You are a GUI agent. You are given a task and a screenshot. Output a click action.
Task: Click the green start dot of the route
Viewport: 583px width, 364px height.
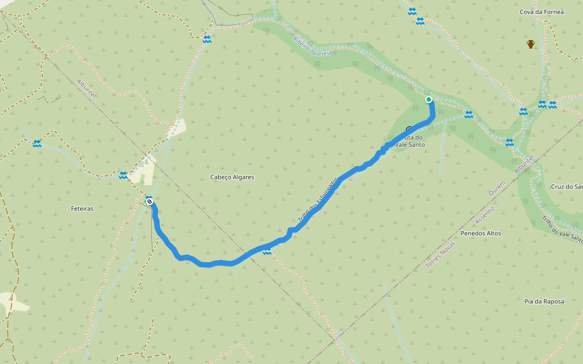click(x=429, y=99)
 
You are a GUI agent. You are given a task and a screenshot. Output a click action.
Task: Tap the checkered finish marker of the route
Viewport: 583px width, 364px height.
click(x=149, y=201)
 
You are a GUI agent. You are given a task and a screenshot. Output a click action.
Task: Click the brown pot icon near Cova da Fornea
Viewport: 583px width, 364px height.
click(x=531, y=44)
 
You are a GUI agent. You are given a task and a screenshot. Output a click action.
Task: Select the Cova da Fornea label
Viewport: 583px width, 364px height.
click(x=542, y=12)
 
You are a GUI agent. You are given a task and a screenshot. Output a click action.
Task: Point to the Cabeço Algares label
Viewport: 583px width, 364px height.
click(x=232, y=177)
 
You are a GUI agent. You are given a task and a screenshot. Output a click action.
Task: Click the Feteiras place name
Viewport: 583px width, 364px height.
click(x=82, y=208)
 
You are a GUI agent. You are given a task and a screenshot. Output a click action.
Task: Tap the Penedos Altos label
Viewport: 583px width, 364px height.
click(x=481, y=233)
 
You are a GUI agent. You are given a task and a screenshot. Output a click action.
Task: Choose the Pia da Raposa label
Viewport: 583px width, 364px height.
click(x=544, y=301)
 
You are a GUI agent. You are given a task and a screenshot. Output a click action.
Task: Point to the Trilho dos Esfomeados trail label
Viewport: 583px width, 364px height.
click(x=317, y=200)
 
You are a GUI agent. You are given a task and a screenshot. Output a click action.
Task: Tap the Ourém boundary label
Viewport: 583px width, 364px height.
click(x=497, y=187)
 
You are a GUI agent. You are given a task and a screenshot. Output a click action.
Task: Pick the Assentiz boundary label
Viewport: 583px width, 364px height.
click(x=486, y=217)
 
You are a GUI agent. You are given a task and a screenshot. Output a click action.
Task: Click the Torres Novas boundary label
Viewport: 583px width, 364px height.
click(x=442, y=252)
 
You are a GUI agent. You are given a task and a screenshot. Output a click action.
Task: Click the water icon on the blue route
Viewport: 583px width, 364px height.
click(x=267, y=251)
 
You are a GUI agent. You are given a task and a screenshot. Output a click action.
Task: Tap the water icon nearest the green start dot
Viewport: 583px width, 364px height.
click(x=468, y=114)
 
